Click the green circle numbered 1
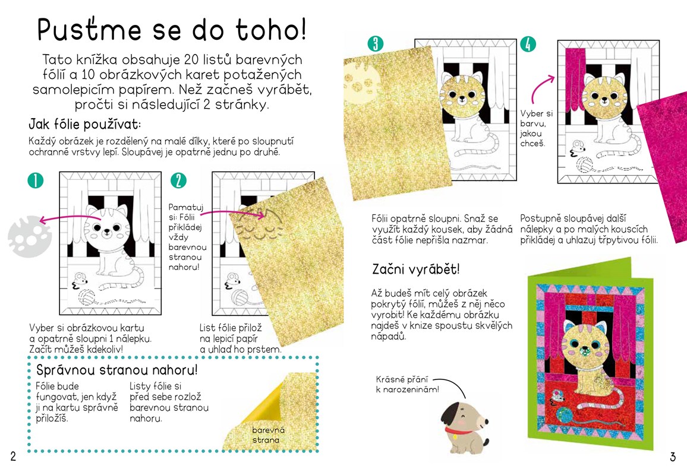click(36, 180)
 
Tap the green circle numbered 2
click(178, 180)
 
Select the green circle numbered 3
click(376, 44)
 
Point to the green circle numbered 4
click(528, 44)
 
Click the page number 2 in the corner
click(13, 456)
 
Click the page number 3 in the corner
click(673, 457)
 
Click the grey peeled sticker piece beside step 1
click(29, 236)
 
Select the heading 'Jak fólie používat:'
click(85, 124)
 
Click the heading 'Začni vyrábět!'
click(416, 269)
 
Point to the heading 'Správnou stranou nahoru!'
click(117, 370)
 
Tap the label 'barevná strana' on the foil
click(267, 435)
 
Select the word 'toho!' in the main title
click(271, 30)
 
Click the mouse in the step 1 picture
click(79, 281)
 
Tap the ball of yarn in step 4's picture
click(584, 164)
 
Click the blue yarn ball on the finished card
click(565, 414)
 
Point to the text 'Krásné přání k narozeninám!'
click(407, 384)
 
